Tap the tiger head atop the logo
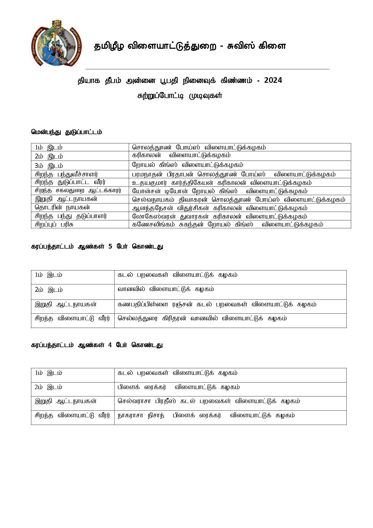(x=56, y=24)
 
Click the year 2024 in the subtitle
(x=273, y=80)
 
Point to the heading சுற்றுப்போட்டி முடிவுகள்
(x=180, y=96)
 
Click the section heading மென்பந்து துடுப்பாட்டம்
(x=66, y=132)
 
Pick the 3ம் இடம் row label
(x=49, y=166)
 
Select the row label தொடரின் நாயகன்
(x=62, y=207)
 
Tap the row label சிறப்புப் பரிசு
(x=54, y=224)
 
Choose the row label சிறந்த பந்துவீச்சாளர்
(x=66, y=174)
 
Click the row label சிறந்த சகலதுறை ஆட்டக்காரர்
(x=78, y=191)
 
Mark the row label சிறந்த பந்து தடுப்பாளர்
(x=71, y=216)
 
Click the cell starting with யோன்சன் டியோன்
(x=220, y=191)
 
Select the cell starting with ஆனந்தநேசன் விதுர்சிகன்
(x=220, y=208)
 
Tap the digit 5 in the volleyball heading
(x=110, y=247)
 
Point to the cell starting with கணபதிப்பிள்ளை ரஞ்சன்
(x=217, y=304)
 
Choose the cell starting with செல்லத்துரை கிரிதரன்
(x=202, y=318)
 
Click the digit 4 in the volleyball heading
(x=110, y=345)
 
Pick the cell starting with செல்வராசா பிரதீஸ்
(x=209, y=401)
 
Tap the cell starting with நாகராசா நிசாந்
(x=206, y=415)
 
